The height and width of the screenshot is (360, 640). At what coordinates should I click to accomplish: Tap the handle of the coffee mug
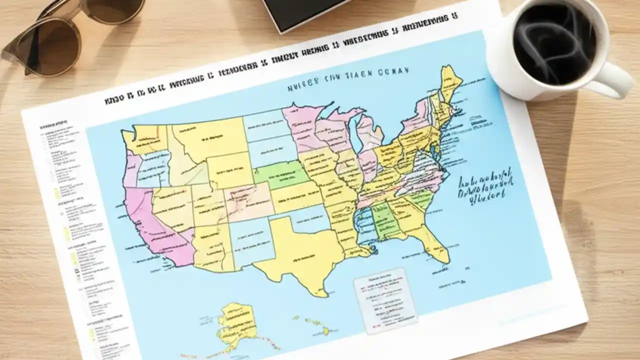(x=617, y=80)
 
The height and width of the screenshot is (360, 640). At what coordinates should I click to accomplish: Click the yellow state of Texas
(x=300, y=255)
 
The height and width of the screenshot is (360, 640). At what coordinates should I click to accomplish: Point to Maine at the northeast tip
(x=450, y=82)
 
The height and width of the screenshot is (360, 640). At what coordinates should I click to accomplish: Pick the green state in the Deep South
(x=385, y=220)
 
